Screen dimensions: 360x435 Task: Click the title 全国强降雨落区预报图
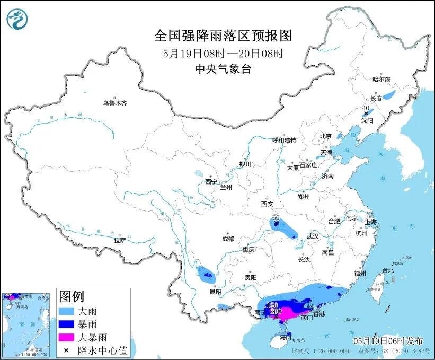pos(223,36)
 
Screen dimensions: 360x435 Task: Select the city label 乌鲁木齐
pos(115,103)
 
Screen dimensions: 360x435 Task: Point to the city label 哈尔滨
pos(380,79)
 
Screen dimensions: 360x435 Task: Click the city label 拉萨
pos(120,240)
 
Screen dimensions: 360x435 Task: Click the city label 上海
pos(370,222)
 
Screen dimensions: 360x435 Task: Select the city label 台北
pos(387,270)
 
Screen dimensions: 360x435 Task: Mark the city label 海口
pos(286,337)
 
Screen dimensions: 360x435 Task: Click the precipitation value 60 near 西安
pos(276,218)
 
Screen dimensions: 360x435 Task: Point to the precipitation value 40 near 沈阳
pos(366,108)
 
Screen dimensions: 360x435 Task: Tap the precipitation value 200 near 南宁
pos(276,311)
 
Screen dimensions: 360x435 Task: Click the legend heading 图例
pos(72,296)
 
